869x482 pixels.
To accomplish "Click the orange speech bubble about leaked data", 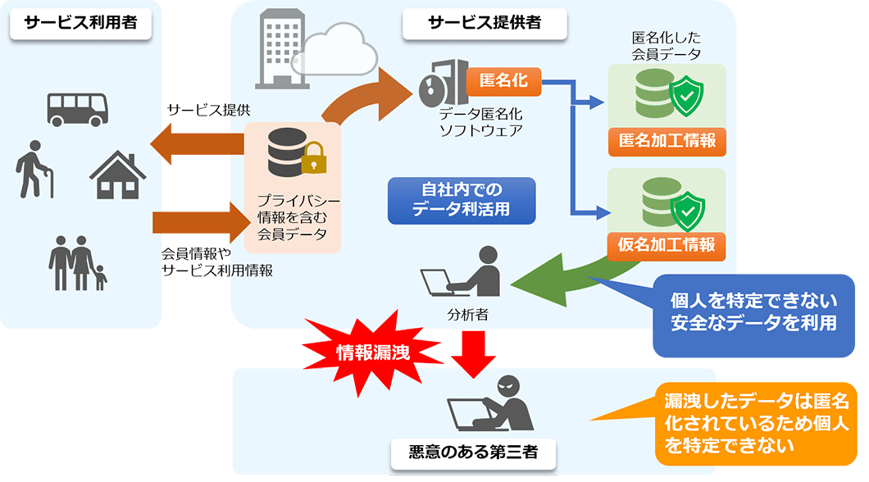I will (x=754, y=423).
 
